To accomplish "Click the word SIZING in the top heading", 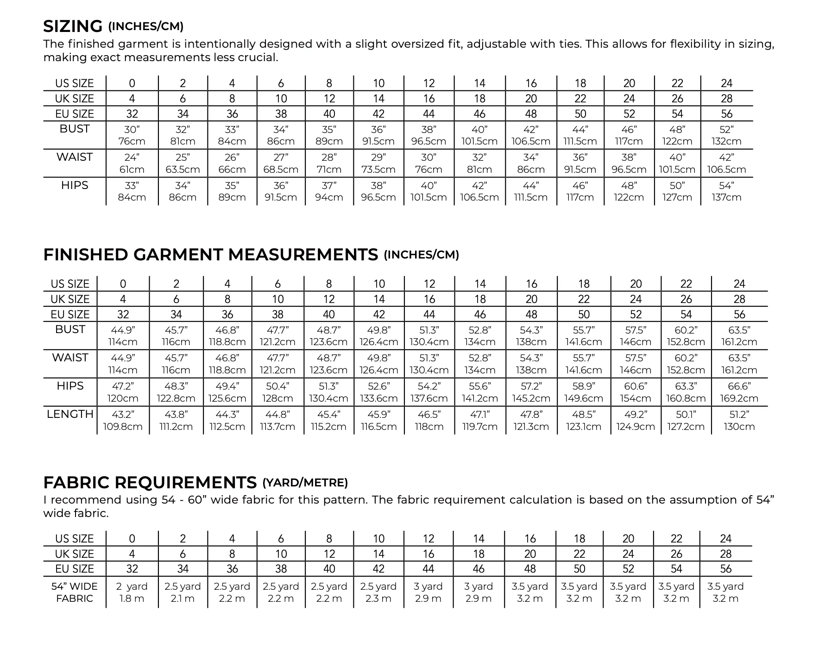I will tap(73, 26).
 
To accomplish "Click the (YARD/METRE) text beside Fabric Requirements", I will tap(305, 483).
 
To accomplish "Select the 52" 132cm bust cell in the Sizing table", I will tap(726, 135).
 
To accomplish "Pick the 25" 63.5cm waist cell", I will tap(183, 163).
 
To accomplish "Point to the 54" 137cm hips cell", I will tap(726, 191).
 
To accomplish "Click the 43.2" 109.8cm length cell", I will tap(123, 421).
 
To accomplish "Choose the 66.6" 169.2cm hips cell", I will tap(739, 392).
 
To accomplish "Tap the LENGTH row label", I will tap(70, 414).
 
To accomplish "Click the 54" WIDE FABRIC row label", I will tap(74, 592).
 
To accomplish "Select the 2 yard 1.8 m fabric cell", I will tap(132, 592).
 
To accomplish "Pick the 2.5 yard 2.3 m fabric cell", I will tap(378, 592).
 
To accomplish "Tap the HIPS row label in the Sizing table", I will tap(74, 185).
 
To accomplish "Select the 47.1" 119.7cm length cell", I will tap(480, 421).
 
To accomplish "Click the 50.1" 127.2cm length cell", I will tap(686, 421).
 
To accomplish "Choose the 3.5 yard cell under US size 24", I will tap(725, 592).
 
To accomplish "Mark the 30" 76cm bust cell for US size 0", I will tap(132, 135).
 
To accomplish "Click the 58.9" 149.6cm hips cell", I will tap(584, 392).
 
